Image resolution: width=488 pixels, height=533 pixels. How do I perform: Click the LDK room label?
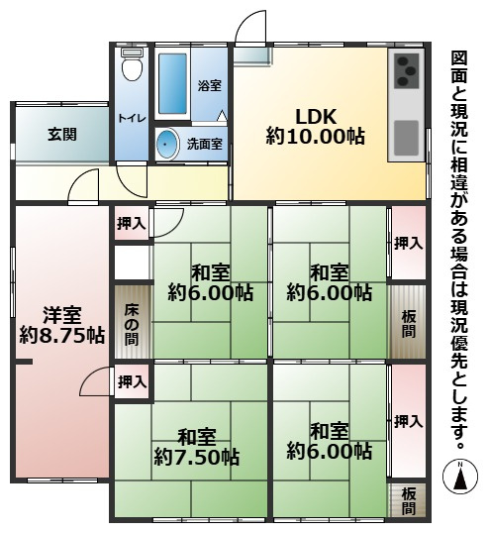point(314,113)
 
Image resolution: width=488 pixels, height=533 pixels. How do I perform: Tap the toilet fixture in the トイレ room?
point(131,68)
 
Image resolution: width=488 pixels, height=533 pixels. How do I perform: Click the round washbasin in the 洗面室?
point(167,145)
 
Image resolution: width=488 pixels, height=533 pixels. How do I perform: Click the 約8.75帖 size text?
point(61,336)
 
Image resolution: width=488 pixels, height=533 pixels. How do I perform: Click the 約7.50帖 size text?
point(196,457)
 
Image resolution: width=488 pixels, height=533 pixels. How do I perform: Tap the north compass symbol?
point(459,476)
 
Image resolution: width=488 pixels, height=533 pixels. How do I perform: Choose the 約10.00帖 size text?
point(314,137)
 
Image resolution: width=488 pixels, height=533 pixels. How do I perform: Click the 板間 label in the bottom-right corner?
point(409,501)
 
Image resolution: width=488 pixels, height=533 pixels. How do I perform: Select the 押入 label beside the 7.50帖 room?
point(132,381)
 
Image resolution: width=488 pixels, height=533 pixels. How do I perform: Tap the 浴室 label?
point(208,85)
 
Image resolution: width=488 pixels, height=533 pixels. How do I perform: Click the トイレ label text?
point(131,118)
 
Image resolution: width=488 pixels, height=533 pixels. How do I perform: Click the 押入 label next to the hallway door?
point(132,224)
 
